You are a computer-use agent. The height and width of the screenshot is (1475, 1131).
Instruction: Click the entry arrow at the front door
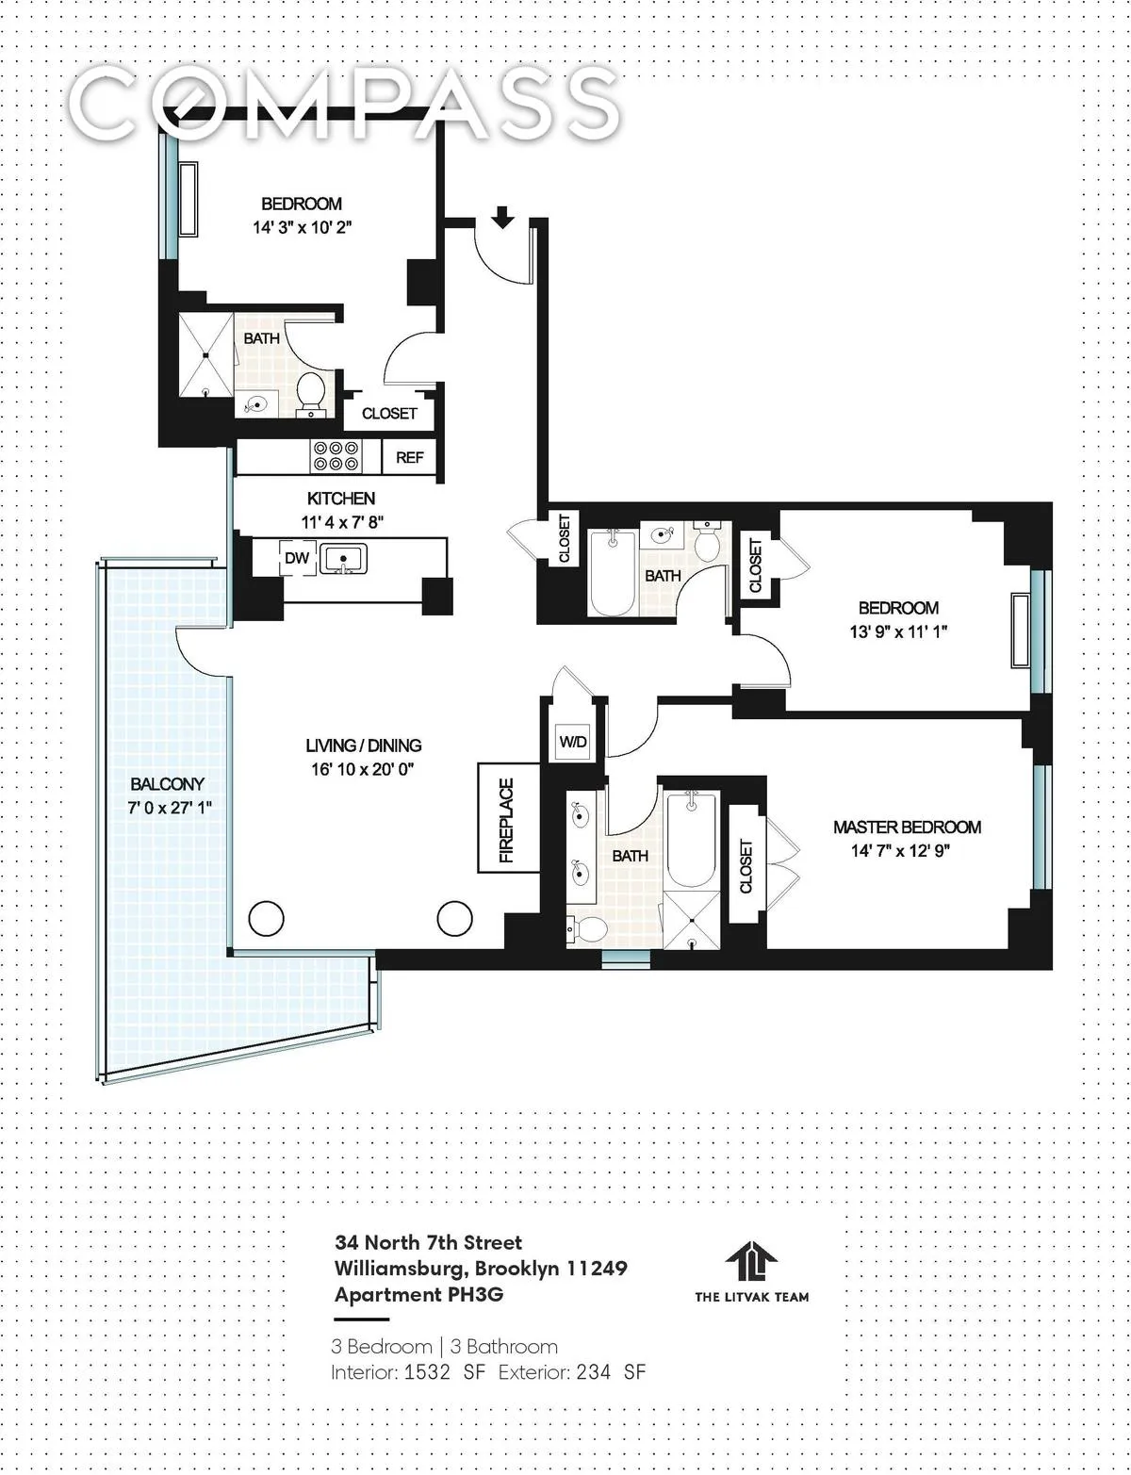pos(502,218)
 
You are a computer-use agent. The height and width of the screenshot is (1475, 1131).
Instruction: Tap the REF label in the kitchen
pos(410,458)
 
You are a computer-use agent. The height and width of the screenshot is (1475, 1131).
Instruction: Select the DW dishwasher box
pos(297,558)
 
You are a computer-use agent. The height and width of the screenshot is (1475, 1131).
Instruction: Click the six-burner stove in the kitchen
pos(337,457)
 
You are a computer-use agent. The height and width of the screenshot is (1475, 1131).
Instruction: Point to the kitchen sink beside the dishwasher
pos(343,559)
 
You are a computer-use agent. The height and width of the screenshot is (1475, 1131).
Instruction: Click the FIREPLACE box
pos(508,818)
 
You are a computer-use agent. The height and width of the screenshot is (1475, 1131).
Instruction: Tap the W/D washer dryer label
pos(573,742)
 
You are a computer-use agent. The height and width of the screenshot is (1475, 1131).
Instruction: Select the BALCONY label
pos(167,784)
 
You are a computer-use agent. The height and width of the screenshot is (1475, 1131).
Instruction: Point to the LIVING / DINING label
pos(364,746)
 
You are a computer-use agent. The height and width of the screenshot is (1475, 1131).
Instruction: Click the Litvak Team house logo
pos(751,1261)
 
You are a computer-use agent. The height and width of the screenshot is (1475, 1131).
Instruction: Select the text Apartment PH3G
pos(418,1294)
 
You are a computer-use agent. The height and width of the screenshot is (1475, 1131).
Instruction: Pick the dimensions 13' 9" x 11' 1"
pos(897,631)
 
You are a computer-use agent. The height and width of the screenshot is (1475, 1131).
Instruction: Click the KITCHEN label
pos(341,499)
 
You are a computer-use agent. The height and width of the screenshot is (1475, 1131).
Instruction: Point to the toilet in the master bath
pos(585,929)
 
